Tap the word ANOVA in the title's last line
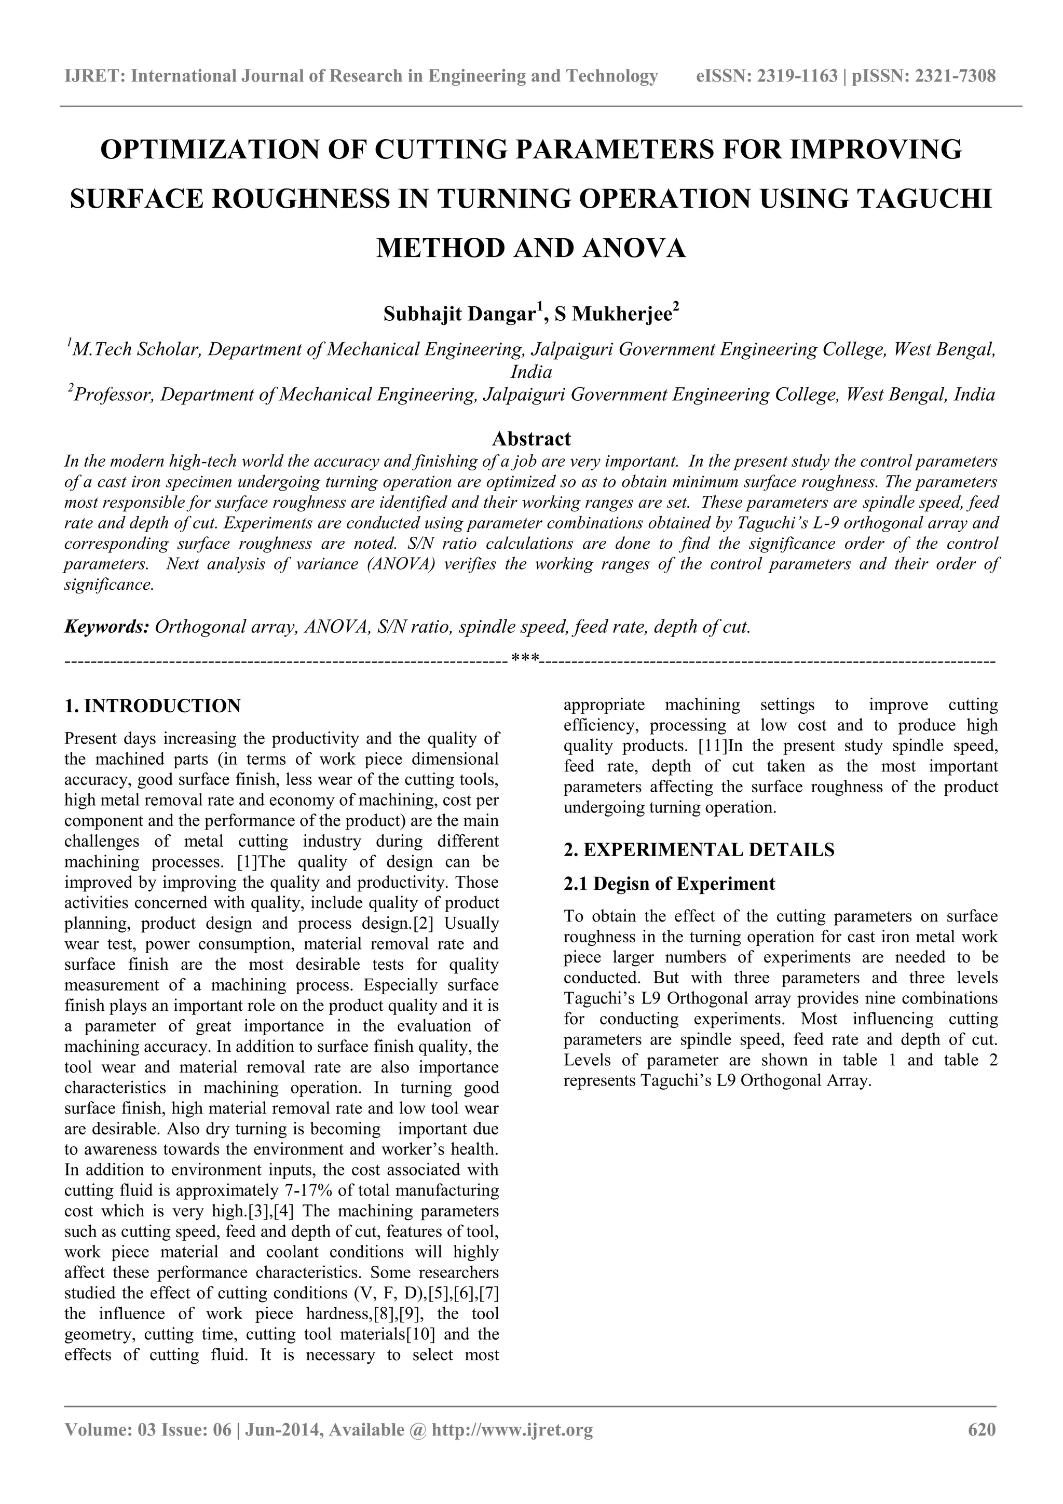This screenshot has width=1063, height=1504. [633, 248]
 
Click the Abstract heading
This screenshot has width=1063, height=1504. [531, 438]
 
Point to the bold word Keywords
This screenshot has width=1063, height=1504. [107, 627]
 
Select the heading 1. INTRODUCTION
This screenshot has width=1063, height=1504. [153, 706]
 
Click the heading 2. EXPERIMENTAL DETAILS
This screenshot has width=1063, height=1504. [699, 850]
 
